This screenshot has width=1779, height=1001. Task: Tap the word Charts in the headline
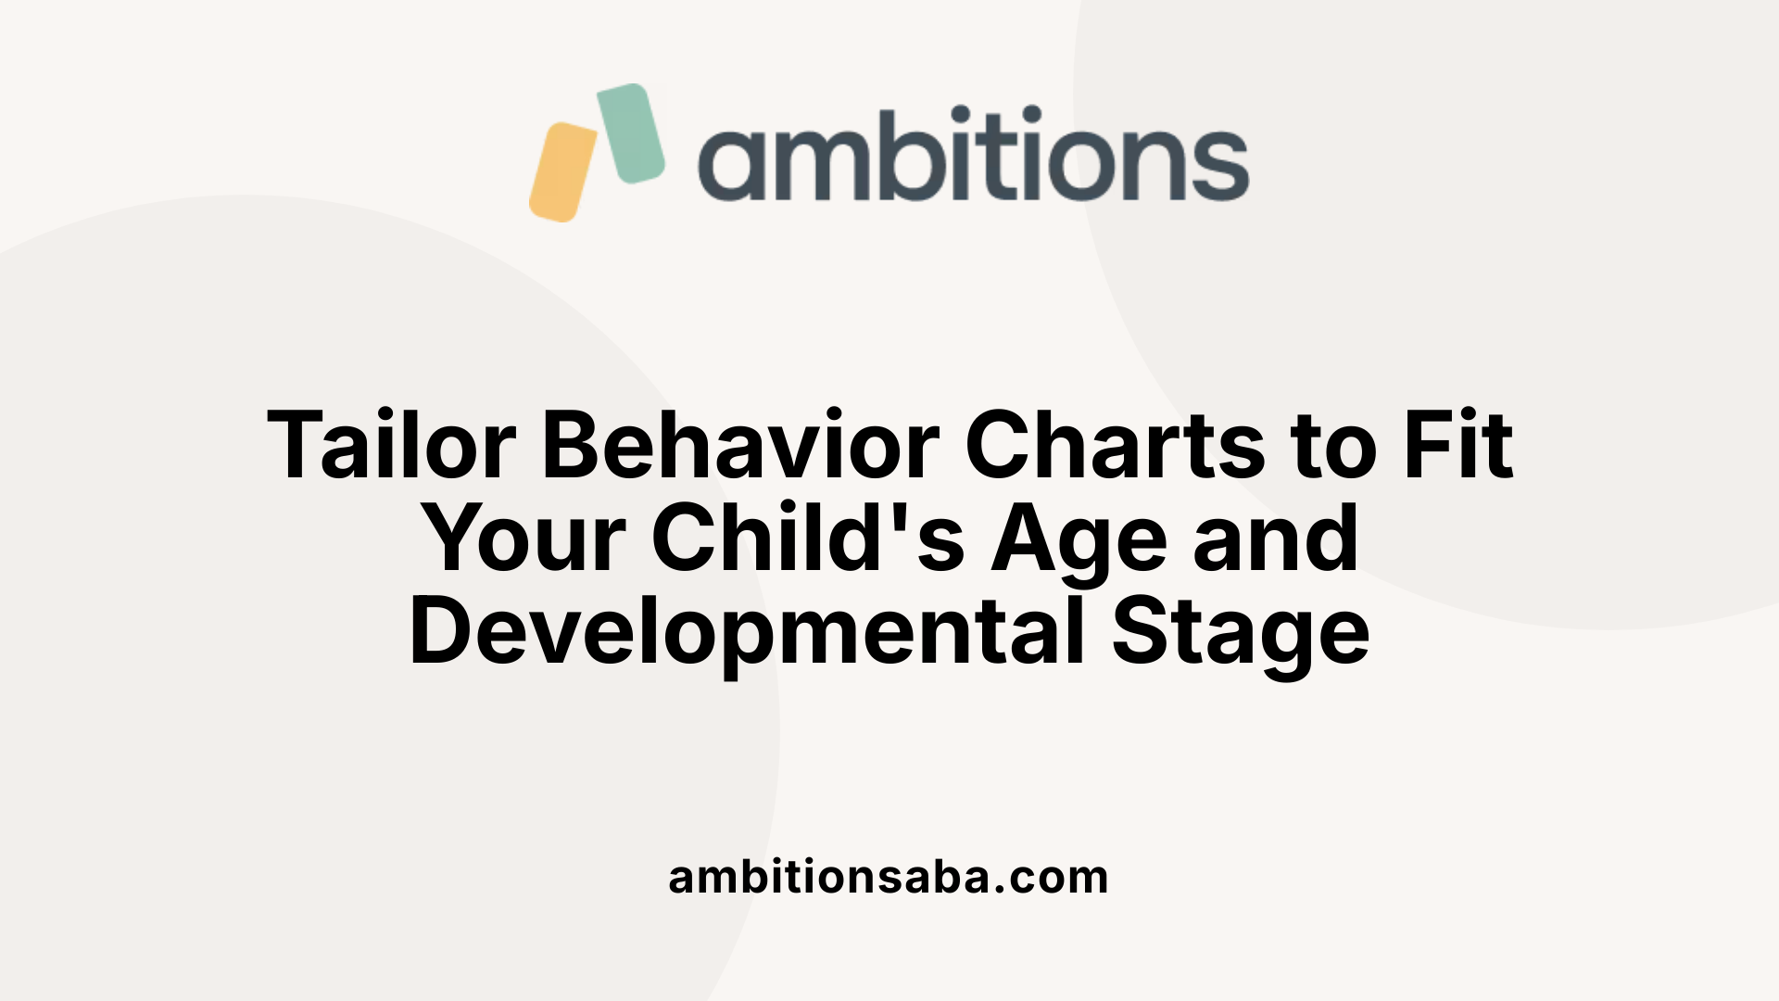(x=1115, y=446)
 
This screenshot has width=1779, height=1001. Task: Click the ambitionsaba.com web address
(x=889, y=878)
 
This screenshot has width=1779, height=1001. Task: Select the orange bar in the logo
(x=563, y=171)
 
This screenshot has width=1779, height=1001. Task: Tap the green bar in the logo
(x=631, y=133)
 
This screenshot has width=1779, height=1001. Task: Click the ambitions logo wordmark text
(x=973, y=156)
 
